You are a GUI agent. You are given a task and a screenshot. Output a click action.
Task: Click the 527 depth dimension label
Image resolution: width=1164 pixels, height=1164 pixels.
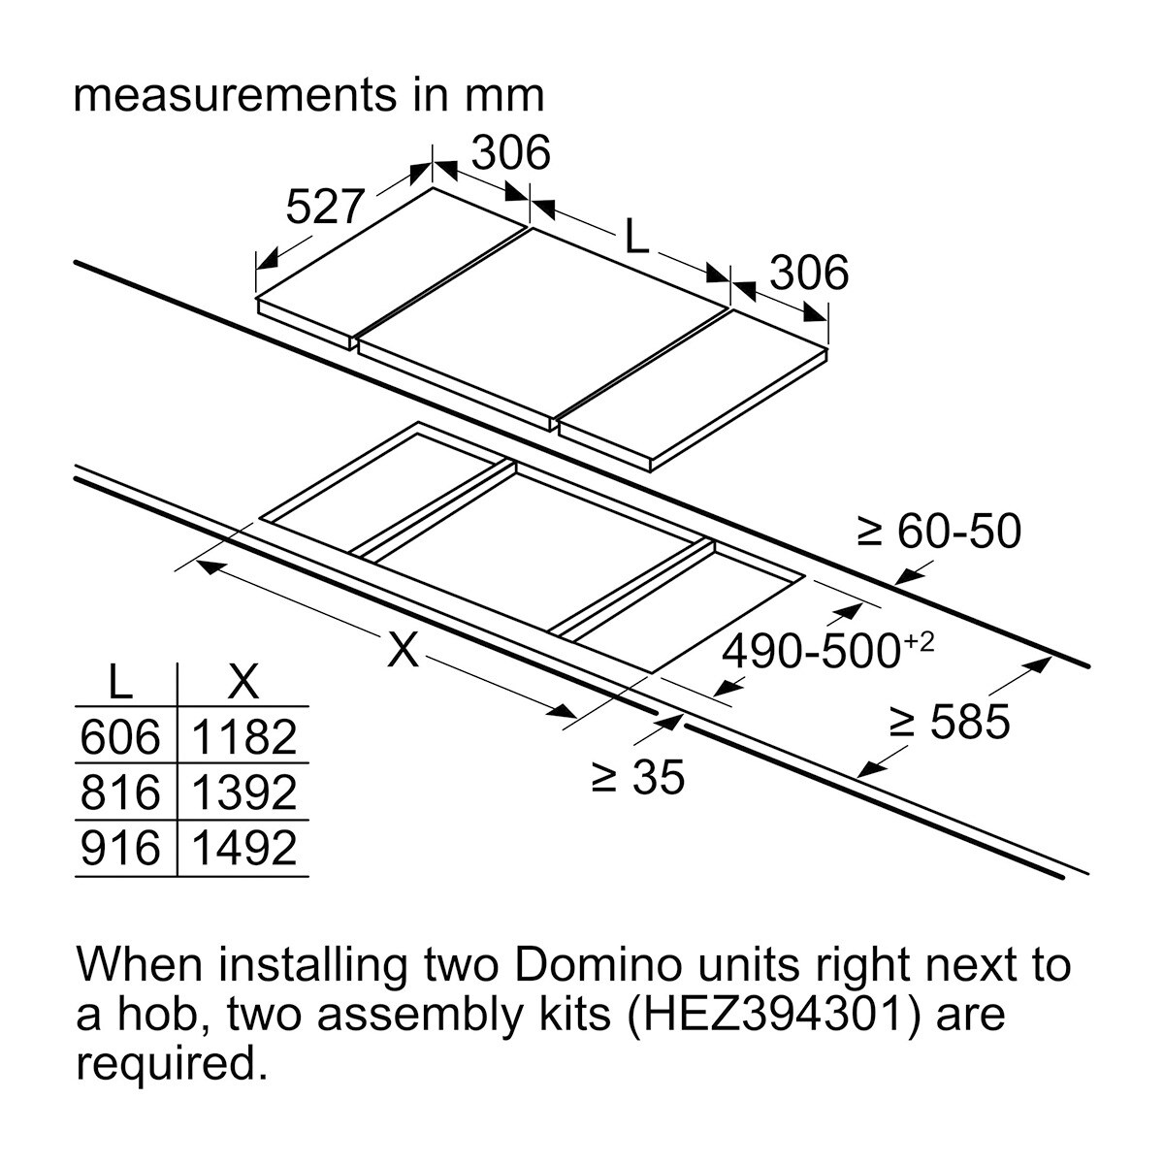[x=324, y=207]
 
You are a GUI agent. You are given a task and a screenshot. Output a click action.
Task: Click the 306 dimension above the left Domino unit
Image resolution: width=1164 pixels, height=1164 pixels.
[x=510, y=153]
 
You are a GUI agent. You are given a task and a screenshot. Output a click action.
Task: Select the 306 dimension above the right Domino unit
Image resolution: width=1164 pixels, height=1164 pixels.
[x=808, y=274]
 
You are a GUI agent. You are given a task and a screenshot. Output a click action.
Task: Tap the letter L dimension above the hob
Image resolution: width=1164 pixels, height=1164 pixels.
[x=635, y=236]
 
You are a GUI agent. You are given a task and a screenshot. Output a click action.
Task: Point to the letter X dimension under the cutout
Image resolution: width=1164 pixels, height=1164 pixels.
[x=403, y=650]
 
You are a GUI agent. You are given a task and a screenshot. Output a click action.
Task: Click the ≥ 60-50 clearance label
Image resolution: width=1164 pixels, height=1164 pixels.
[x=939, y=532]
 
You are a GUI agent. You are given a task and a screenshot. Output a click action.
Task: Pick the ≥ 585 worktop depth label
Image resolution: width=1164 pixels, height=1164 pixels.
[x=950, y=722]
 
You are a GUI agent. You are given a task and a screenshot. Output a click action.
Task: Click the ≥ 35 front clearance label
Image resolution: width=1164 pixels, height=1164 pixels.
[x=638, y=777]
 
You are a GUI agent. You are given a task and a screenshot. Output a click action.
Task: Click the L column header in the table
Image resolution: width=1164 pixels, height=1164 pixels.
[x=119, y=684]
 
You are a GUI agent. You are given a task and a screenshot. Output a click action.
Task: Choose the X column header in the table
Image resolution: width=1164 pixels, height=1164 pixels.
[x=242, y=684]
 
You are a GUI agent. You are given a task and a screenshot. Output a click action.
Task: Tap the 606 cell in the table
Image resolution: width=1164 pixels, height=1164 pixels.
[x=119, y=738]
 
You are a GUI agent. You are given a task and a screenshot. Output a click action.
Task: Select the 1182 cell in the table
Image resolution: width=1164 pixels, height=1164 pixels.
[x=243, y=738]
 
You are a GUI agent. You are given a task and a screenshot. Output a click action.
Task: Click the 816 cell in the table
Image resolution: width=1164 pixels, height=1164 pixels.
[x=119, y=793]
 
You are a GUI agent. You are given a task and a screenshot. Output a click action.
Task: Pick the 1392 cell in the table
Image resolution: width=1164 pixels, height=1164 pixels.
[x=243, y=793]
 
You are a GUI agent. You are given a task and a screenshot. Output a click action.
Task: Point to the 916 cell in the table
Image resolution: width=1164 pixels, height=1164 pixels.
[x=119, y=849]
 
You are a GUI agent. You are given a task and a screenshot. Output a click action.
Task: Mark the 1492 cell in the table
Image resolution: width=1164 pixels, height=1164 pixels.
[x=243, y=849]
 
